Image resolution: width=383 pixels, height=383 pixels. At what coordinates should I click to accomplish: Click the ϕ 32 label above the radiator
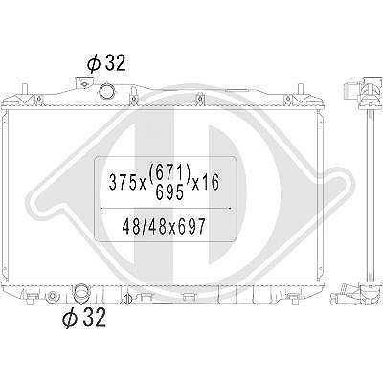(107, 63)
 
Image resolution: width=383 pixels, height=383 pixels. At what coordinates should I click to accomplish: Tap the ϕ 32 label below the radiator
(84, 318)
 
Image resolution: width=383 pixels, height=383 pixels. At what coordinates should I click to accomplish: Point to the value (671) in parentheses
(169, 173)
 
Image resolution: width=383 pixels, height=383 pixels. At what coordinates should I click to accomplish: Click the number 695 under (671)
(169, 192)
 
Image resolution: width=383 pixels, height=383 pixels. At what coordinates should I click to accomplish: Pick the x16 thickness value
(206, 183)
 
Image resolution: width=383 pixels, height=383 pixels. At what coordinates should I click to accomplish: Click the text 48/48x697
(164, 227)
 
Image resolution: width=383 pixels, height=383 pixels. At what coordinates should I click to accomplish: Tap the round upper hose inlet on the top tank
(105, 91)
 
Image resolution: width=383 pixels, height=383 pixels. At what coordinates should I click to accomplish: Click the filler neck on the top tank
(84, 83)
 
